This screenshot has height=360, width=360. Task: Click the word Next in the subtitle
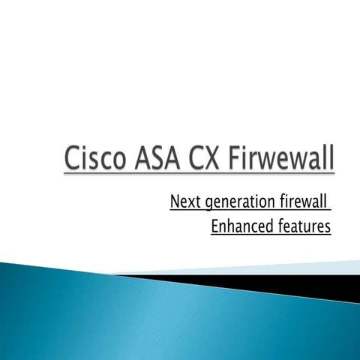point(183,202)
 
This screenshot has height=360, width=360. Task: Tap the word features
point(304,226)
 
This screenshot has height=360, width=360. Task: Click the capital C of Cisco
point(73,160)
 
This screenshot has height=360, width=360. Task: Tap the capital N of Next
point(175,202)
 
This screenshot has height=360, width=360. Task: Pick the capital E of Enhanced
point(216,226)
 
